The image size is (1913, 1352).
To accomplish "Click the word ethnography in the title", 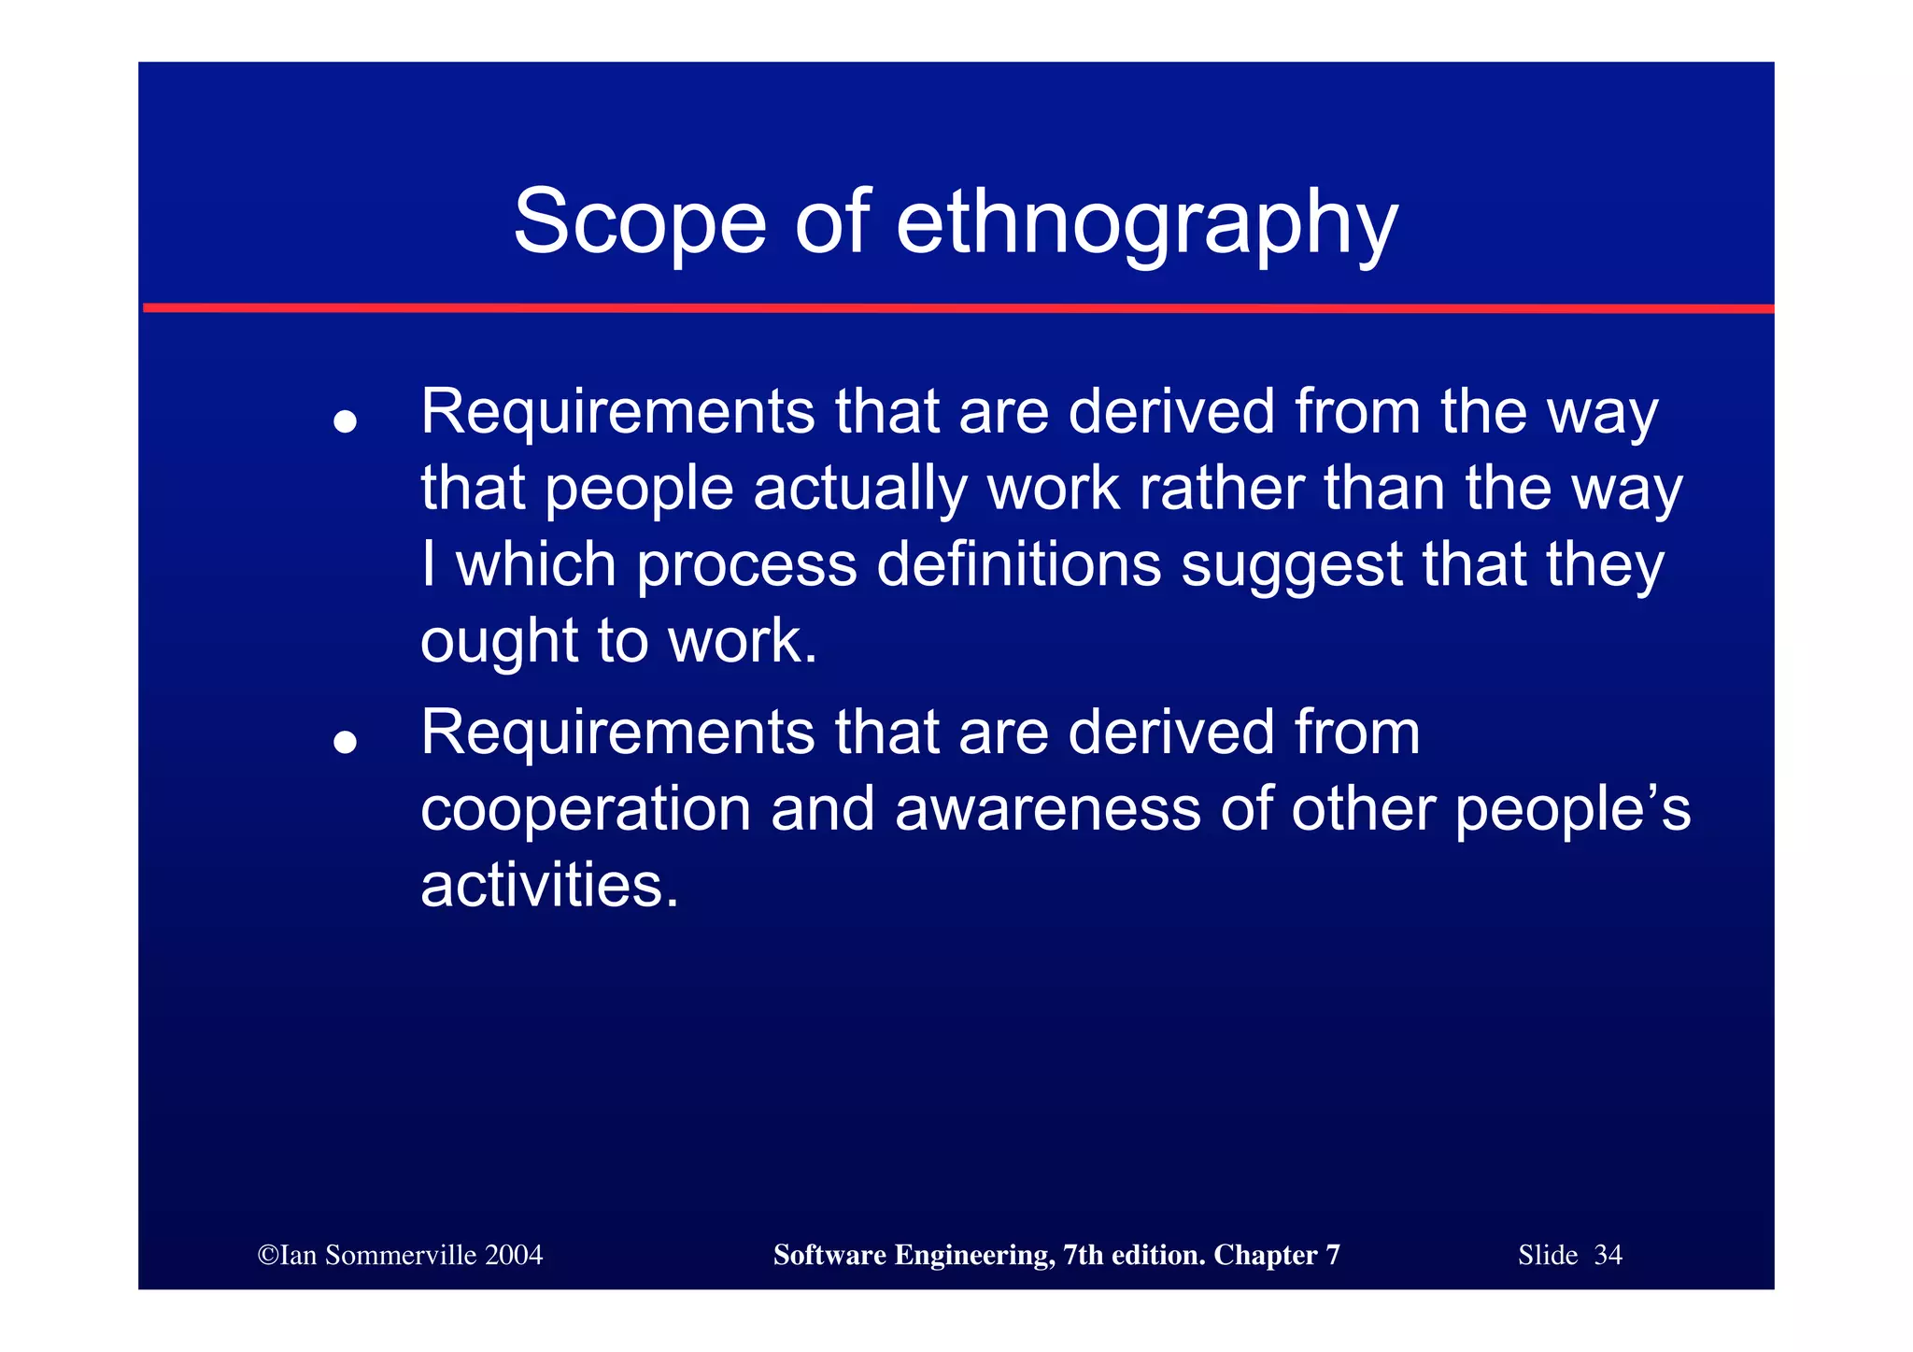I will [x=1146, y=224].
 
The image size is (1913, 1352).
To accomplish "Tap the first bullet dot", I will [x=346, y=421].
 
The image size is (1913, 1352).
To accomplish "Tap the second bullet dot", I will [x=346, y=742].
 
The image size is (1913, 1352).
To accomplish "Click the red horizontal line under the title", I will [x=956, y=307].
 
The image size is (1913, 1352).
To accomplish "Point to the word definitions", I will [x=1018, y=564].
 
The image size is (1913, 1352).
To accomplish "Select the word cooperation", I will [x=586, y=810].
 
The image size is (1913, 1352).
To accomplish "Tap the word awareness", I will [x=1047, y=808].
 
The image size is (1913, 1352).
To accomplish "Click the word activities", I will [x=549, y=885].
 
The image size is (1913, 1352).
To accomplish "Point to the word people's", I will [x=1572, y=810].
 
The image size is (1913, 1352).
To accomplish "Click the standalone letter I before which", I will [x=428, y=564].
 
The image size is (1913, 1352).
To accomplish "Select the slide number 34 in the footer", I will [x=1608, y=1255].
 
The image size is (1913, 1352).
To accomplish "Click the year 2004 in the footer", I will [x=514, y=1255].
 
